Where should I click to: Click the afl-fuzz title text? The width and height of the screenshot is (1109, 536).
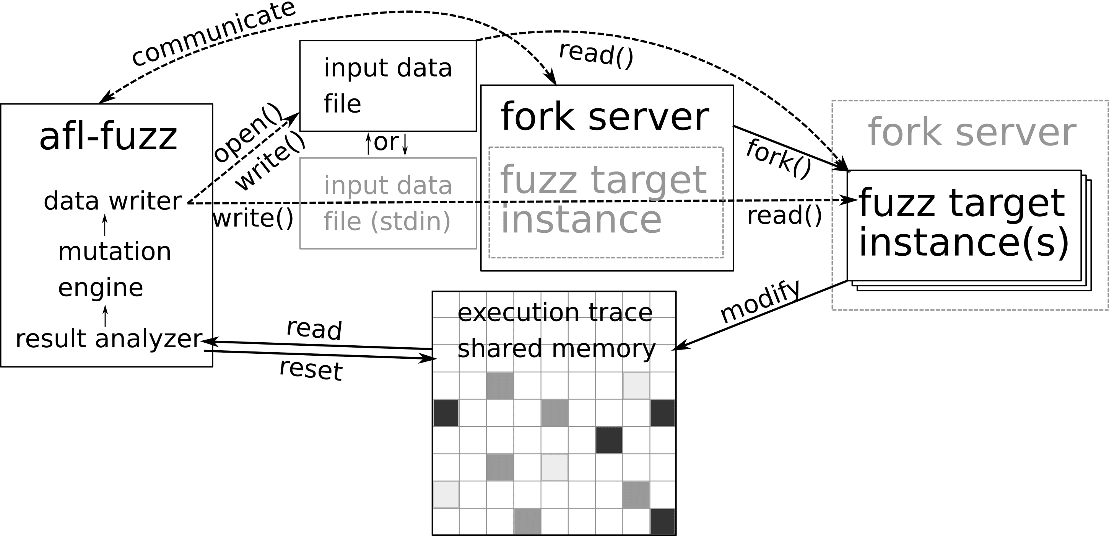tap(108, 137)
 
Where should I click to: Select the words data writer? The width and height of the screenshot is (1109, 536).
tap(113, 201)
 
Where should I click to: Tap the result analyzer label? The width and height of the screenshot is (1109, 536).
tap(109, 339)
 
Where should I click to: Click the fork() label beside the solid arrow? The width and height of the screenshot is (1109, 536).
tap(778, 159)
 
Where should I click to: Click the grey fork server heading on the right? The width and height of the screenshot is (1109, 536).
tap(972, 133)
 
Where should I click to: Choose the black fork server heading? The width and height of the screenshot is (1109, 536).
tap(605, 117)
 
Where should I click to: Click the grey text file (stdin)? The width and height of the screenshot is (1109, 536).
tap(387, 221)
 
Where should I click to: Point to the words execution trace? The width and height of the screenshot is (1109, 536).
tap(554, 312)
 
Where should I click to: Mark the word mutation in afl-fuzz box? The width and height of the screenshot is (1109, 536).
tap(114, 252)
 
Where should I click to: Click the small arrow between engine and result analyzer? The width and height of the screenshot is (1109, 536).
tap(105, 316)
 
